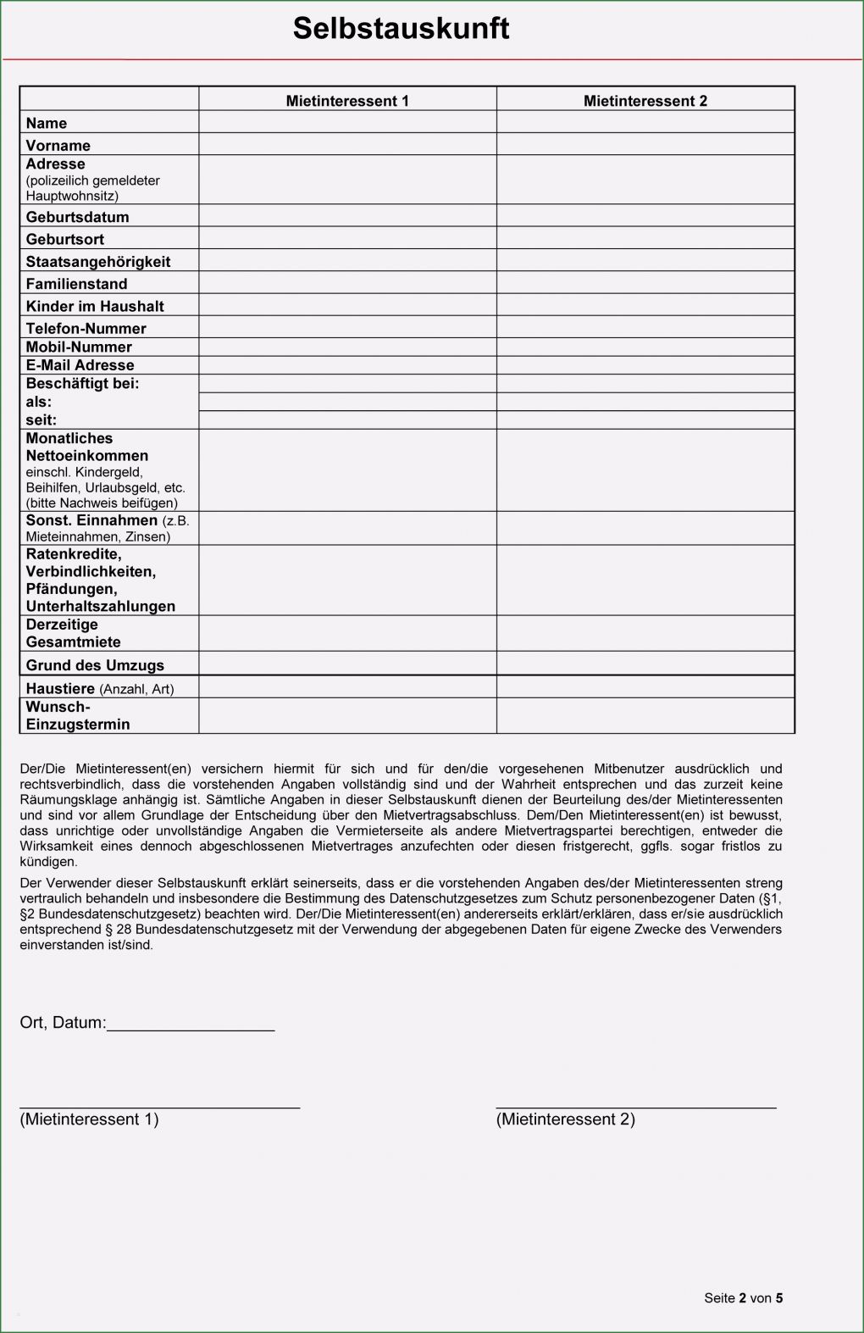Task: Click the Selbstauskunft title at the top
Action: pyautogui.click(x=401, y=28)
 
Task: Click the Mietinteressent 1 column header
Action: pyautogui.click(x=347, y=101)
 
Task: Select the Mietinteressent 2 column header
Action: pyautogui.click(x=645, y=101)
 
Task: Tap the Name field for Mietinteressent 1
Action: pyautogui.click(x=347, y=122)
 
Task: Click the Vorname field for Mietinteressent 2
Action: pyautogui.click(x=645, y=144)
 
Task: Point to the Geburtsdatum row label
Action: pyautogui.click(x=77, y=217)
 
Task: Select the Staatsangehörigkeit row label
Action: pyautogui.click(x=97, y=262)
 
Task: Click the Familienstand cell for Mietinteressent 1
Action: pyautogui.click(x=347, y=282)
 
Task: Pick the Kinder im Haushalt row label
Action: pyautogui.click(x=94, y=306)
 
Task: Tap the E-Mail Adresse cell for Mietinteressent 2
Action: pyautogui.click(x=645, y=365)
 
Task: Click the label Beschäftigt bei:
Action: pyautogui.click(x=82, y=383)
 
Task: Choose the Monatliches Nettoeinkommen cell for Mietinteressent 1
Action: pyautogui.click(x=347, y=469)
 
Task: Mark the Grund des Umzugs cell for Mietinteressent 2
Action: pyautogui.click(x=645, y=664)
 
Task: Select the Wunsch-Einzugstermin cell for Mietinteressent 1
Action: pyautogui.click(x=347, y=715)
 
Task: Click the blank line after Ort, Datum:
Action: pyautogui.click(x=191, y=1024)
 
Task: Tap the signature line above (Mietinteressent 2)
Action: pyautogui.click(x=635, y=1105)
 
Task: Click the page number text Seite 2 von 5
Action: pyautogui.click(x=743, y=1297)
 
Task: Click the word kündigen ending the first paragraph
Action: pyautogui.click(x=48, y=862)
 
